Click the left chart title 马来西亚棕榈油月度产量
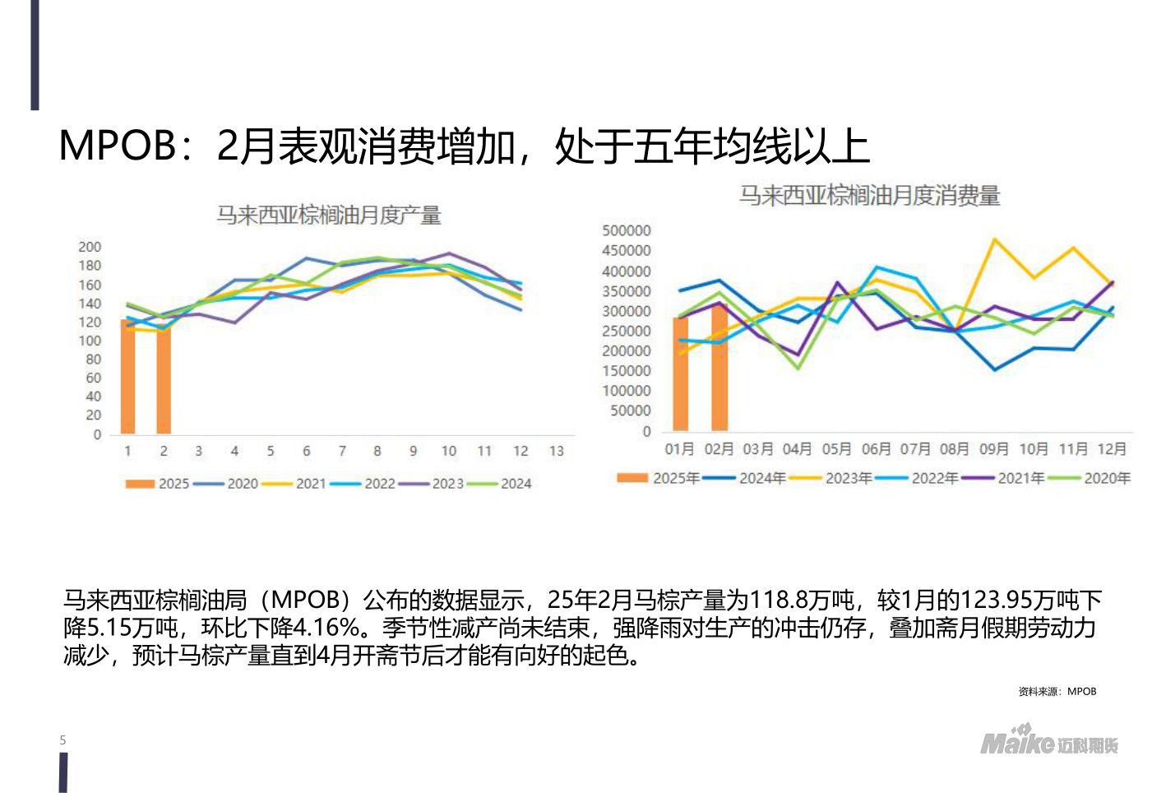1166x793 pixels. pyautogui.click(x=329, y=216)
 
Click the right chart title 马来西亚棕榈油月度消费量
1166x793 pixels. pyautogui.click(x=869, y=196)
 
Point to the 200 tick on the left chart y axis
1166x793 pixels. pyautogui.click(x=90, y=247)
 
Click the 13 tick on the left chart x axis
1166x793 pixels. pyautogui.click(x=557, y=451)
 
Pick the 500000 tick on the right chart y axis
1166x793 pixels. pyautogui.click(x=627, y=230)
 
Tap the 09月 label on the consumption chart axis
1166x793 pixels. pyautogui.click(x=993, y=449)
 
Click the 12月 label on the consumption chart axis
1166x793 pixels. pyautogui.click(x=1112, y=449)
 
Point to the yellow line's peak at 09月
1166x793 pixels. pyautogui.click(x=995, y=239)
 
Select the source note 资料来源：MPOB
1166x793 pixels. pyautogui.click(x=1057, y=691)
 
